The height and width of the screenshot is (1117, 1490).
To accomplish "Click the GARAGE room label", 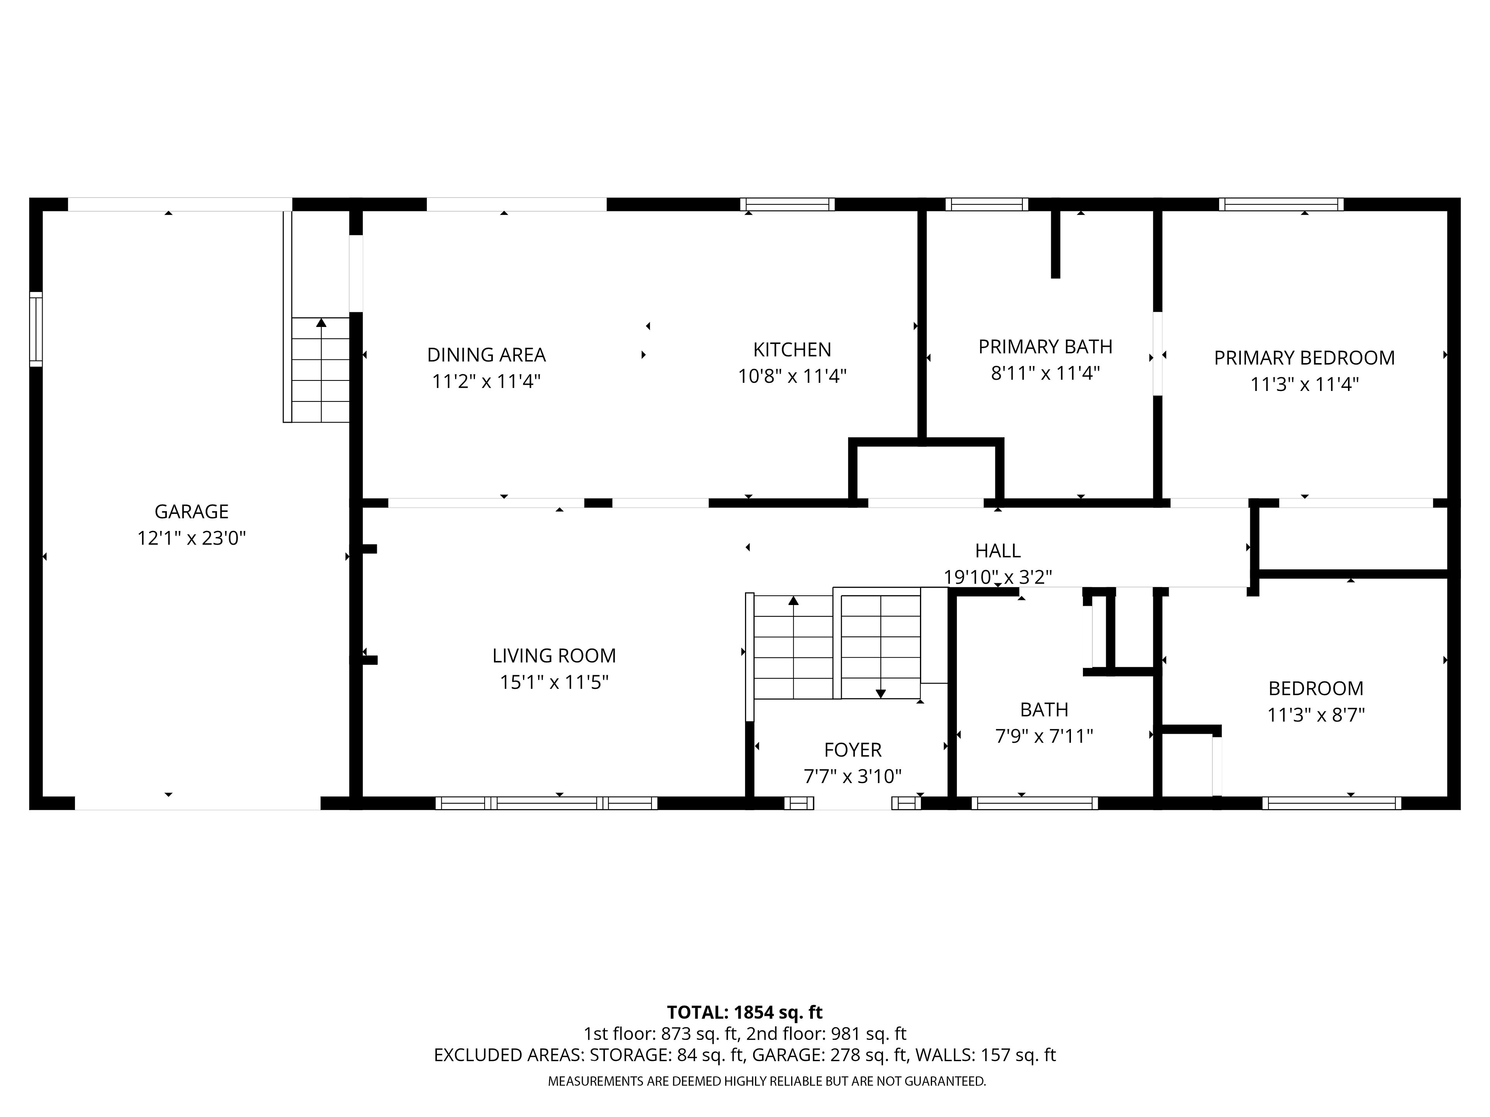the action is tap(191, 512).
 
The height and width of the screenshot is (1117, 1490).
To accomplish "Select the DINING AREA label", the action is tap(486, 355).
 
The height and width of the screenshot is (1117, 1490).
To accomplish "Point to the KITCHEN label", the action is tap(792, 349).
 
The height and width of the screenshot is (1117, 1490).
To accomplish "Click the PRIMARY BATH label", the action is tap(1045, 347).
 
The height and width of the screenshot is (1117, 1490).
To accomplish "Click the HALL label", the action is tap(998, 551).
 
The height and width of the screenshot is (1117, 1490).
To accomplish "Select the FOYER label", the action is tap(853, 750).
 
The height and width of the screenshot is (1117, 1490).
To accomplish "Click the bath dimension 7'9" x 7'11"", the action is tap(1044, 736).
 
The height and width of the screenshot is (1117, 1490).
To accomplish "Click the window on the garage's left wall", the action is tap(36, 329).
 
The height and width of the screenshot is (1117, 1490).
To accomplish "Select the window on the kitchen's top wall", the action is tap(787, 204).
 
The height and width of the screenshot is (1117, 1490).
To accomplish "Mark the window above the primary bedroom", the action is tap(1281, 204).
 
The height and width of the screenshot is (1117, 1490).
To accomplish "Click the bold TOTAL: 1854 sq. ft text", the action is tap(745, 1013).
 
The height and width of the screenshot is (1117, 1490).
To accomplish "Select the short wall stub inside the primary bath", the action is tap(1055, 244).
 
